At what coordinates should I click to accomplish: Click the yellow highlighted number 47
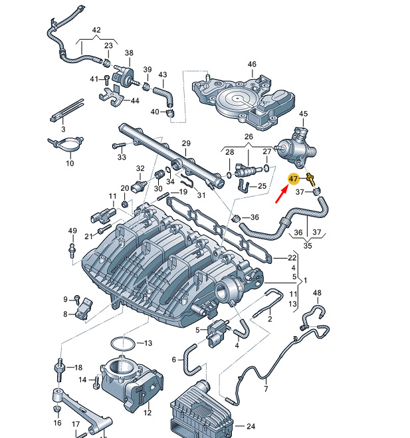coord(294,179)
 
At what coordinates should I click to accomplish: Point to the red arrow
coord(282,194)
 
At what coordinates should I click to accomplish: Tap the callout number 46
coord(252,64)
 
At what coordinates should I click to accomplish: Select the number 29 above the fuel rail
coord(186,144)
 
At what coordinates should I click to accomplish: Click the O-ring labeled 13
coord(123,344)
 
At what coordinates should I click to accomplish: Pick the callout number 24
coord(251,426)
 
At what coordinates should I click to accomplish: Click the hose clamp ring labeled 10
coord(66,144)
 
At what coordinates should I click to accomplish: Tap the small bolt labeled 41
coord(106,80)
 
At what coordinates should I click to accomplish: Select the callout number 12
coord(148,412)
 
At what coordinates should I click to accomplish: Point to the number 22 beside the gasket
coord(292,258)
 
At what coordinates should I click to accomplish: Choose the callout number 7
coord(266,389)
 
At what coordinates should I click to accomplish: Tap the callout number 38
coord(129,53)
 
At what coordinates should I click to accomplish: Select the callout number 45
coord(303,114)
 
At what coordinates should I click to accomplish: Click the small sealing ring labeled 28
coord(229,175)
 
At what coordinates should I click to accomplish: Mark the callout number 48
coord(317,292)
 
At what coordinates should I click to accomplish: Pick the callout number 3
coord(63,130)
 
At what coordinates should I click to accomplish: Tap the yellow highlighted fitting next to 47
coord(311,179)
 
